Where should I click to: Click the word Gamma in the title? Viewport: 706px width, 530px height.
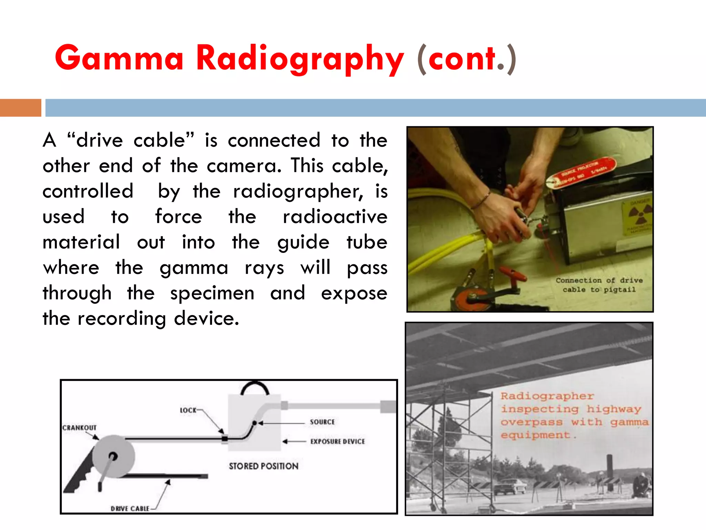click(119, 59)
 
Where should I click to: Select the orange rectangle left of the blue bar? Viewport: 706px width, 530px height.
click(20, 108)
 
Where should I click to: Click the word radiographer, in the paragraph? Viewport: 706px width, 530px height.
click(298, 192)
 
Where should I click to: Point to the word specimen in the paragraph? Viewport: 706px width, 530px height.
click(212, 293)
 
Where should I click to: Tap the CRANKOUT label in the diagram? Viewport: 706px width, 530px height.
click(79, 428)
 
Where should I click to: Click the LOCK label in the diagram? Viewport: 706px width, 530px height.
click(188, 410)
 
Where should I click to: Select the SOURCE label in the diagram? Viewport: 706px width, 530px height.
click(322, 422)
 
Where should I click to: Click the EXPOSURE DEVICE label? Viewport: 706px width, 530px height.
click(337, 442)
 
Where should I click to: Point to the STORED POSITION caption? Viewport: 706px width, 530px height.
click(264, 466)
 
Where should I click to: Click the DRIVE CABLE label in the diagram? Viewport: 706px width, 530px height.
click(130, 509)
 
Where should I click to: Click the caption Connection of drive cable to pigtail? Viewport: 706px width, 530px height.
click(599, 285)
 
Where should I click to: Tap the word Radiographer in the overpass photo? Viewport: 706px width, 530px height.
click(547, 396)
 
